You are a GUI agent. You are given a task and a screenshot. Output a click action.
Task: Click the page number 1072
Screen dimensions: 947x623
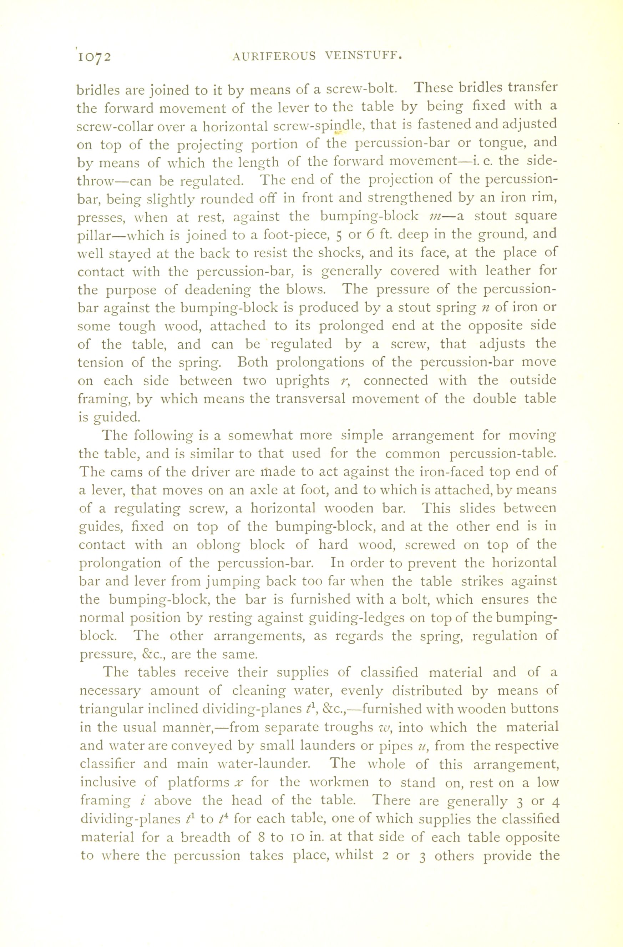[x=94, y=57]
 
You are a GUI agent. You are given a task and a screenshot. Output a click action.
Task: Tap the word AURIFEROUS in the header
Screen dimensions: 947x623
[x=273, y=56]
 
